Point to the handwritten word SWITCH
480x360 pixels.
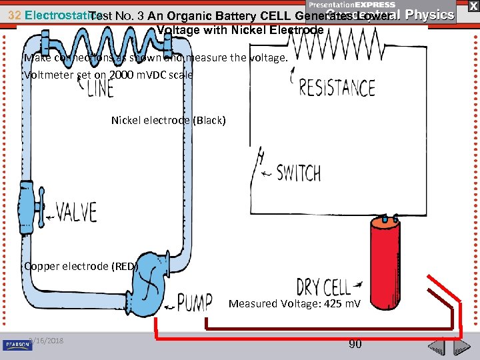(x=298, y=173)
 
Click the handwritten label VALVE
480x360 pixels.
(x=76, y=213)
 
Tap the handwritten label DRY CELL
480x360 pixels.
(x=323, y=287)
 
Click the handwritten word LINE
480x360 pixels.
(x=100, y=87)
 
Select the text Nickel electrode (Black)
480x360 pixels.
(x=168, y=121)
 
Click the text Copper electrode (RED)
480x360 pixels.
(x=81, y=266)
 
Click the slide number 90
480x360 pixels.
(x=355, y=344)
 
